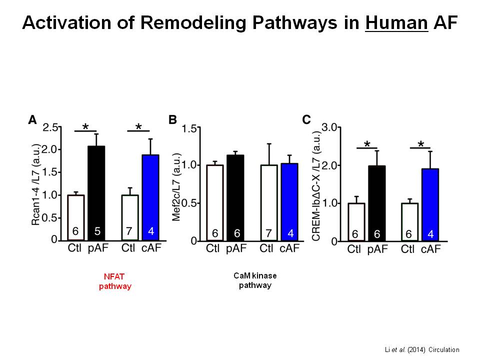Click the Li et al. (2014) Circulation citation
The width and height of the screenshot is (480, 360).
422,349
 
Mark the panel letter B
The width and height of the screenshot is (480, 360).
173,120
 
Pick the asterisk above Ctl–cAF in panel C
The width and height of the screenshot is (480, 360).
420,145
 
